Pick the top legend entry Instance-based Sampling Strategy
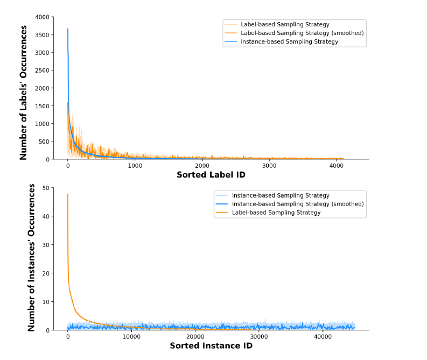[289, 41]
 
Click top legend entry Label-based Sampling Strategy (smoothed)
[302, 33]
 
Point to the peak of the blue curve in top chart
[68, 29]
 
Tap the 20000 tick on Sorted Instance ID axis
[195, 337]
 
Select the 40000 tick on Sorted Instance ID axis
[323, 337]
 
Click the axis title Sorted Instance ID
[211, 346]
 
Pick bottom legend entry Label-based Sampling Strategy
[276, 213]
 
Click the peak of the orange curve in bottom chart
[68, 194]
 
